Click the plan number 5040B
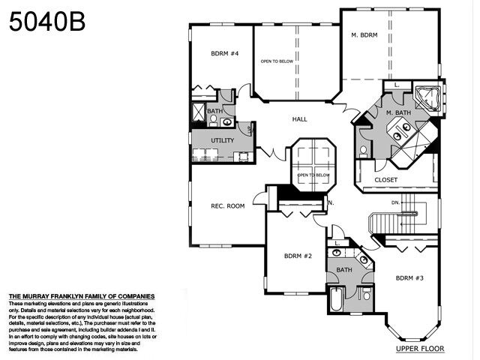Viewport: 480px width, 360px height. pos(47,22)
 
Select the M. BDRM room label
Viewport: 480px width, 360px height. pos(364,34)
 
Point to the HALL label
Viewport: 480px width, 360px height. pos(299,119)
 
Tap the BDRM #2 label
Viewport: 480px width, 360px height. pos(298,256)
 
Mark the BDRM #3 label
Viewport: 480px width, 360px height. pos(410,277)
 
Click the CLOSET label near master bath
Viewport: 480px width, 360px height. pos(385,180)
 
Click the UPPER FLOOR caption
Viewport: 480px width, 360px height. pos(420,349)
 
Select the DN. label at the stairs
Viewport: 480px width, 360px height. pos(396,202)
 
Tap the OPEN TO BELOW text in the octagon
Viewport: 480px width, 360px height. pos(313,175)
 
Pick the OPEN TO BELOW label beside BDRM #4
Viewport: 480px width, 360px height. pos(275,61)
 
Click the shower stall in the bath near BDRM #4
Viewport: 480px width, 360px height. pos(199,113)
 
